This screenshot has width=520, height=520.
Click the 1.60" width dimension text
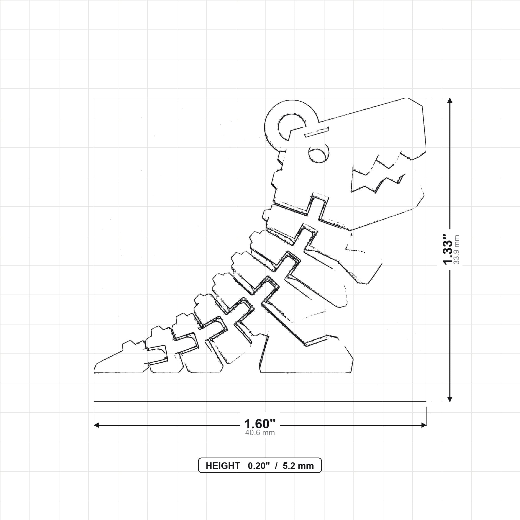click(260, 424)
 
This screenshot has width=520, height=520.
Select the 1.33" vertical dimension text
click(448, 249)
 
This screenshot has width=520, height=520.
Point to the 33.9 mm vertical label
click(457, 250)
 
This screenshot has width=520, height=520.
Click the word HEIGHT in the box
click(223, 466)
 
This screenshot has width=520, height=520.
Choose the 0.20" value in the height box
click(259, 466)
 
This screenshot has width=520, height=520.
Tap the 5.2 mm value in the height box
click(298, 466)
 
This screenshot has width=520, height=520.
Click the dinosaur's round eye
click(319, 154)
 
